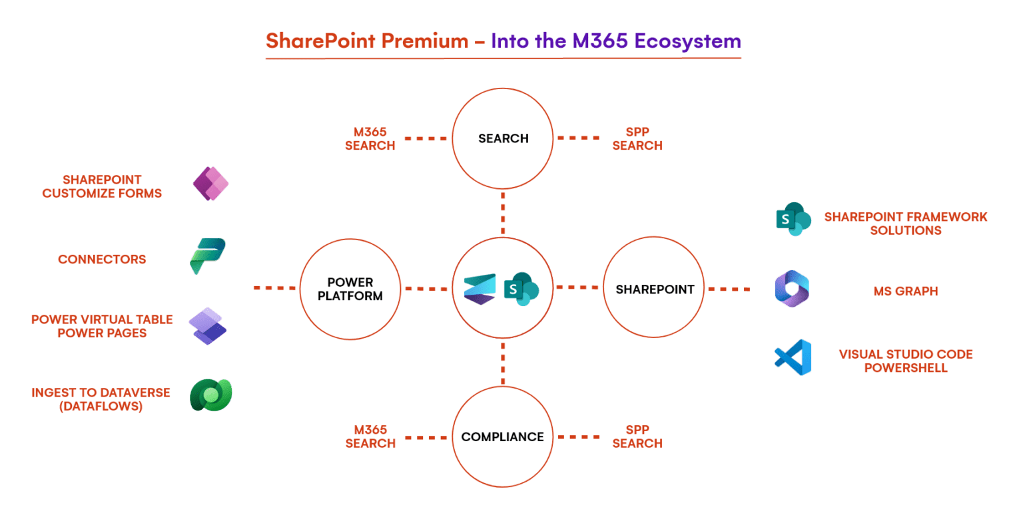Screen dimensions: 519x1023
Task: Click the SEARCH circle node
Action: (x=503, y=138)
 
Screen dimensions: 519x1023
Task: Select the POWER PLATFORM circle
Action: (x=350, y=289)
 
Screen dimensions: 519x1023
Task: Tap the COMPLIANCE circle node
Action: (x=503, y=436)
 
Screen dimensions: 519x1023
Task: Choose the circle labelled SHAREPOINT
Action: (x=654, y=289)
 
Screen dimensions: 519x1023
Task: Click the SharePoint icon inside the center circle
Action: (x=521, y=289)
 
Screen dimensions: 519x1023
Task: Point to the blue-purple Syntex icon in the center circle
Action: (x=480, y=289)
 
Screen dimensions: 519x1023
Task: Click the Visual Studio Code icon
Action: (x=793, y=357)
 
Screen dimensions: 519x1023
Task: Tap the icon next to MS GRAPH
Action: (x=792, y=289)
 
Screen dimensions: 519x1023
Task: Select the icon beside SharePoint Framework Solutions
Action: (x=793, y=219)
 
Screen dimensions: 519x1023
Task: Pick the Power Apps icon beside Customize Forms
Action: (x=210, y=184)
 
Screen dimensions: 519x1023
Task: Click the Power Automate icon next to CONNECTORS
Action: (x=208, y=256)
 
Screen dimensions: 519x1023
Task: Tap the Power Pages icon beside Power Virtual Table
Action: (x=208, y=325)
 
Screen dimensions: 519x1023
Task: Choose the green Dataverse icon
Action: (x=210, y=395)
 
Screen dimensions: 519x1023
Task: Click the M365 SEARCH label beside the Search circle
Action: (x=370, y=138)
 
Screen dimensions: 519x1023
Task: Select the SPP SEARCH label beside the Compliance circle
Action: (x=637, y=437)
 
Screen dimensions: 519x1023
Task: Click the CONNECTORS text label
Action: (x=102, y=259)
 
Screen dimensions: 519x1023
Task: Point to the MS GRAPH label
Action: (x=905, y=291)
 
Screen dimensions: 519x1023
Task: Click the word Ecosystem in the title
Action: (x=687, y=41)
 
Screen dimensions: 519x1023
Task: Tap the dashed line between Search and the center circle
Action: (x=503, y=212)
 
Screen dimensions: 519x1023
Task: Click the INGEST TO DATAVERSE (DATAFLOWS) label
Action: (x=101, y=399)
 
